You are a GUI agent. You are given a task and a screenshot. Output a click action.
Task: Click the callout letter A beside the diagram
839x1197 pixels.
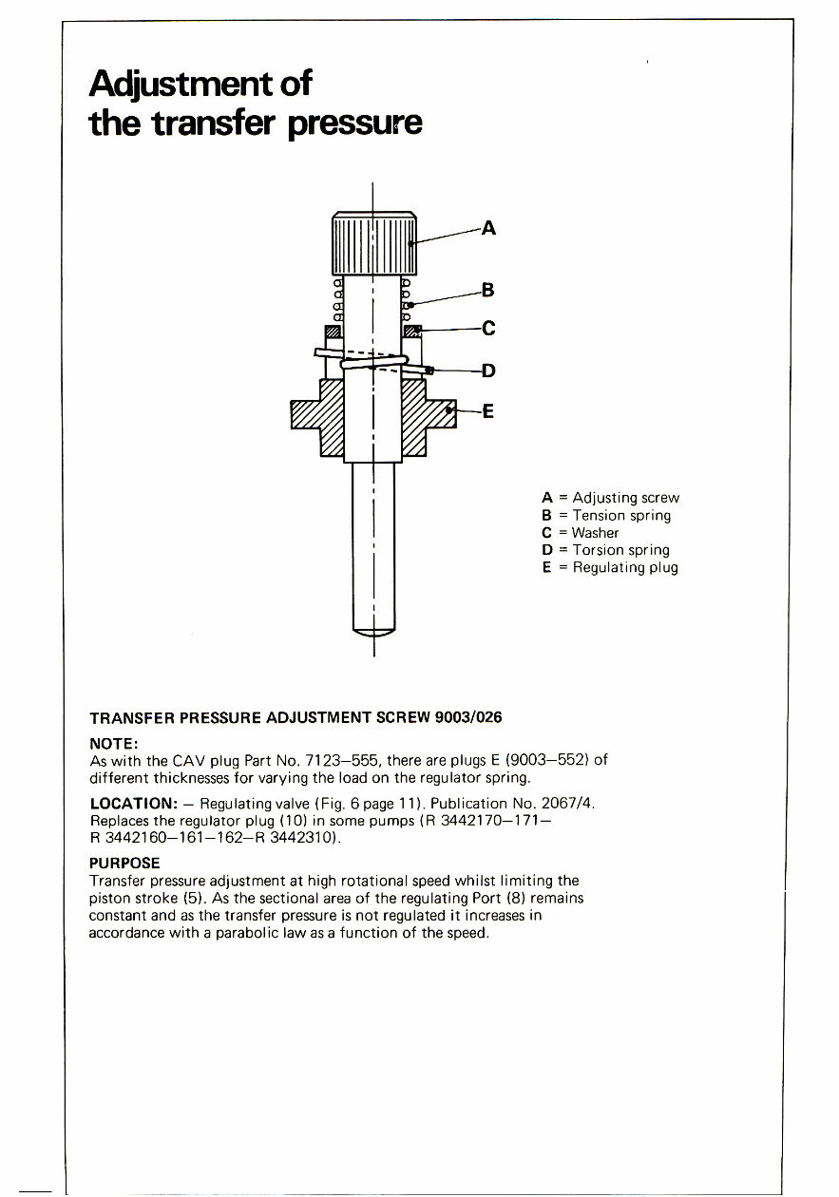click(x=488, y=228)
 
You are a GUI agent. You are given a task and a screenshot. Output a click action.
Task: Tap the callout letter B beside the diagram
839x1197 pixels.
click(x=488, y=289)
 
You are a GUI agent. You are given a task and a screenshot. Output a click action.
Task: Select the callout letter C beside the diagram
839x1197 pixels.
click(x=489, y=330)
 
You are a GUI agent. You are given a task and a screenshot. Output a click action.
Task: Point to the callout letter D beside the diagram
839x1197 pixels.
click(x=488, y=370)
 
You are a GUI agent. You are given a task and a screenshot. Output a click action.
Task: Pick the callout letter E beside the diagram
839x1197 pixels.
click(x=488, y=411)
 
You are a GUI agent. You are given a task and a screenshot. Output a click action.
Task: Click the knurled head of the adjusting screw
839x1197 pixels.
click(x=373, y=242)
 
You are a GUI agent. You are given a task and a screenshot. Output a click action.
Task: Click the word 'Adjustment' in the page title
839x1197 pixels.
click(x=173, y=85)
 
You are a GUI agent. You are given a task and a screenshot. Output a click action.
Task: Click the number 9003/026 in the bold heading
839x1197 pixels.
click(x=467, y=717)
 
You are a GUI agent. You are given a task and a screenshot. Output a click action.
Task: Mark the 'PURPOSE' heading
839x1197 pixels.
click(x=124, y=864)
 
